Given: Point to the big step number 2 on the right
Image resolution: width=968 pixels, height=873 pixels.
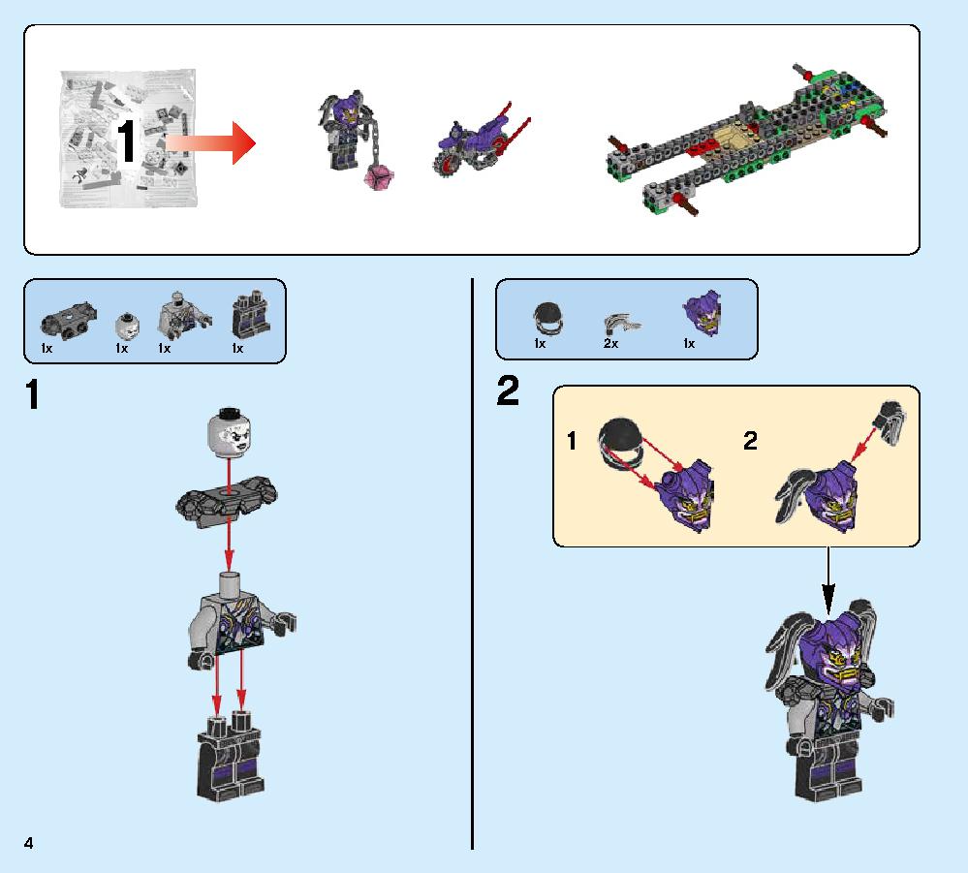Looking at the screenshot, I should (508, 392).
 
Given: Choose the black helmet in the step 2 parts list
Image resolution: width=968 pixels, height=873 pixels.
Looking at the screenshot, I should (545, 316).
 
